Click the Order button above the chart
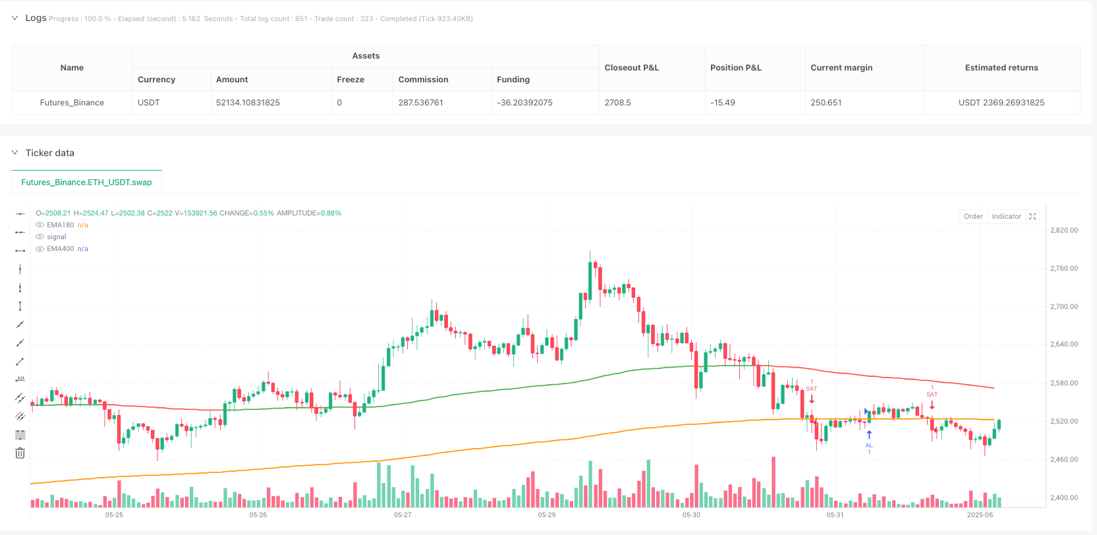coord(972,216)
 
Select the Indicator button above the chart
coord(1006,216)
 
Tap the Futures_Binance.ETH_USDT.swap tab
coord(86,183)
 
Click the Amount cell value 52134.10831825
coord(248,103)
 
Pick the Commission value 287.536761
coord(420,103)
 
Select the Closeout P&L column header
coord(631,68)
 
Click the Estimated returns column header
coord(1001,68)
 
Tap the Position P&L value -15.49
coord(722,103)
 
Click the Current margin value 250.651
coord(826,103)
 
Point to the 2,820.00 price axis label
coord(1063,231)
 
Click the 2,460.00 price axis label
coord(1063,460)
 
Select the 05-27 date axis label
coord(403,515)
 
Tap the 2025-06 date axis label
coord(980,515)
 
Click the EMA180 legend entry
coord(60,225)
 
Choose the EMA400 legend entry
coord(60,249)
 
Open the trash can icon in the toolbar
coord(20,453)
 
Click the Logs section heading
coord(36,18)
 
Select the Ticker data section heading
coord(49,153)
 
